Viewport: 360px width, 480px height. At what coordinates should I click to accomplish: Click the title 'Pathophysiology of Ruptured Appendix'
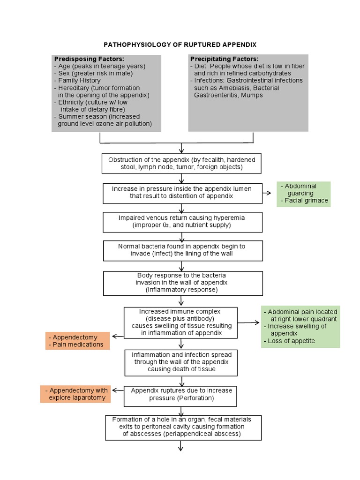[180, 45]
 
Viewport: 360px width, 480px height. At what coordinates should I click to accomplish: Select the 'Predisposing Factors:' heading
[89, 59]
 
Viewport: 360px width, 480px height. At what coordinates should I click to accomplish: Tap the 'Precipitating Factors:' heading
[224, 59]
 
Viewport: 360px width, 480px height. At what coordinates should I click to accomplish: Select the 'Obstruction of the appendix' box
[181, 164]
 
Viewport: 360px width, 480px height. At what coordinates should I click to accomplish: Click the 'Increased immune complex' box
[180, 322]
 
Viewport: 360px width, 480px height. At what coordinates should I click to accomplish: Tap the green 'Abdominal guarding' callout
[303, 194]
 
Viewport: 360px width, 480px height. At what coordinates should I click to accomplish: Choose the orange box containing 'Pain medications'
[77, 341]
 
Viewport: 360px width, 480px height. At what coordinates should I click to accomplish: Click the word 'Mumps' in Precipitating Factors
[253, 95]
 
